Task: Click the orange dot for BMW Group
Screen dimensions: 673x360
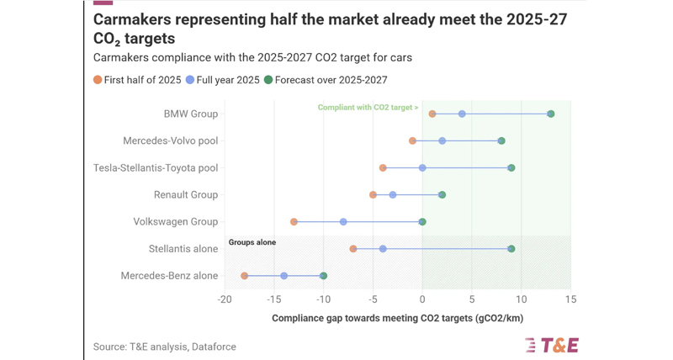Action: [432, 114]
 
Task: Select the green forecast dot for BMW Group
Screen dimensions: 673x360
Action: [551, 114]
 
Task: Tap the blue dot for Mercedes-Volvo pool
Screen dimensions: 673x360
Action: [442, 140]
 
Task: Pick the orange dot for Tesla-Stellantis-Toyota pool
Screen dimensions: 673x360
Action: [383, 167]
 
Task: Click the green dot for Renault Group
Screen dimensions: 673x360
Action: [442, 195]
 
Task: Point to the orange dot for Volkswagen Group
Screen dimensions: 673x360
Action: [294, 222]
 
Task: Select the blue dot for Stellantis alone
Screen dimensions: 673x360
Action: [383, 249]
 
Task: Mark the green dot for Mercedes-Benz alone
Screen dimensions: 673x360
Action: [323, 276]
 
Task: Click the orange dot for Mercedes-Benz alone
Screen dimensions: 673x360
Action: [244, 276]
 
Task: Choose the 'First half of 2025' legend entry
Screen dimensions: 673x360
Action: [137, 80]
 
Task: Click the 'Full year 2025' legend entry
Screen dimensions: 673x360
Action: [223, 80]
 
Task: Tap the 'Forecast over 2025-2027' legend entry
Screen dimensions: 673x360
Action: [326, 80]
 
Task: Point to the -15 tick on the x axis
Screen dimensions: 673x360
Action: [274, 299]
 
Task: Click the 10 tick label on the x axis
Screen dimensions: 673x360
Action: [521, 299]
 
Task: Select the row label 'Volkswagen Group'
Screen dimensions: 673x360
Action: [176, 222]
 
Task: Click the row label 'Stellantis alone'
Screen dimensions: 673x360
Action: [183, 249]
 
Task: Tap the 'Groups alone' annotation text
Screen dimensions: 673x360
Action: [252, 242]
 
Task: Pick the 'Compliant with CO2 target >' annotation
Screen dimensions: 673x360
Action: [368, 108]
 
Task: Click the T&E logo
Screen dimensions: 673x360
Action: [552, 345]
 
